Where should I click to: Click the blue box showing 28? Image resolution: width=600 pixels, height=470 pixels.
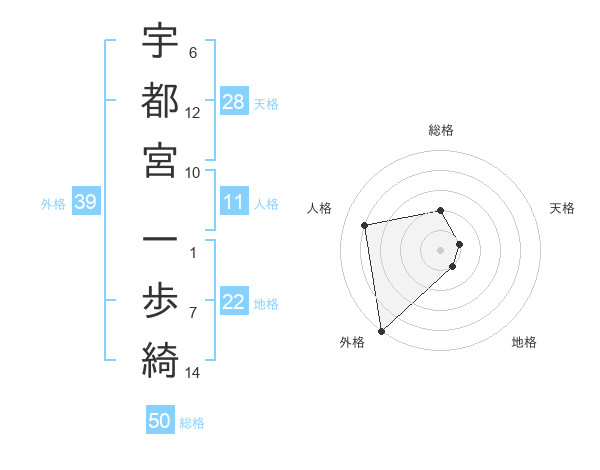coord(234,103)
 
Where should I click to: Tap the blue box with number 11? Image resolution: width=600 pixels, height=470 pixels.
coord(234,203)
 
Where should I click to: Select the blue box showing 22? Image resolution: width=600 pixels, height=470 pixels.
coord(234,303)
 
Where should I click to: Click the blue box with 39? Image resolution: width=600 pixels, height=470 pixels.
coord(85,203)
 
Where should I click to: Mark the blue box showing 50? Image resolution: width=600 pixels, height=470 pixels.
coord(160,421)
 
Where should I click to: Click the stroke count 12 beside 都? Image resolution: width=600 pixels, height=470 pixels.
coord(192,113)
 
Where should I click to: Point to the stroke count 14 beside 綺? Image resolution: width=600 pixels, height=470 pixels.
coord(192,373)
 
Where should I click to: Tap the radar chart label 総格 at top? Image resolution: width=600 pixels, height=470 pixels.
coord(441,130)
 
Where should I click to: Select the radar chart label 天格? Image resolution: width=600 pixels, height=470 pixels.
coord(562,208)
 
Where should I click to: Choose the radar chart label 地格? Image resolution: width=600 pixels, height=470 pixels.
coord(524,342)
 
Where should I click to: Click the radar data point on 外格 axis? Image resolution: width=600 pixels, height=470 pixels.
coord(381,331)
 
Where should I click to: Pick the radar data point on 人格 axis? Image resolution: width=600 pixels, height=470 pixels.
coord(365,225)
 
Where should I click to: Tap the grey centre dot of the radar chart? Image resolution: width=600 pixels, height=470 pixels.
coord(441,249)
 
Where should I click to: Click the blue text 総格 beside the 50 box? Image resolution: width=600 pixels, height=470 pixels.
coord(192,423)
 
